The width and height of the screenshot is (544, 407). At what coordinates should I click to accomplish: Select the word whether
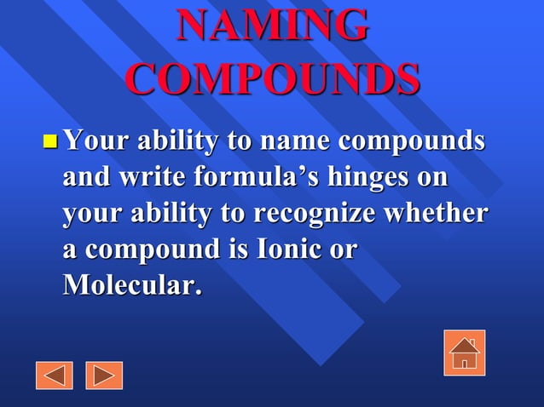[x=436, y=214]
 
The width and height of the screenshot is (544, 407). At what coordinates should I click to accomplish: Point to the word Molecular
[x=132, y=286]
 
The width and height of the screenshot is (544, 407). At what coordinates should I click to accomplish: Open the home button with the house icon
[x=464, y=353]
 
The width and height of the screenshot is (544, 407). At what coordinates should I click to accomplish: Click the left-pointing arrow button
[x=55, y=375]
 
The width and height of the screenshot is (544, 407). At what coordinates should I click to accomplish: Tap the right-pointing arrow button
[x=104, y=375]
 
